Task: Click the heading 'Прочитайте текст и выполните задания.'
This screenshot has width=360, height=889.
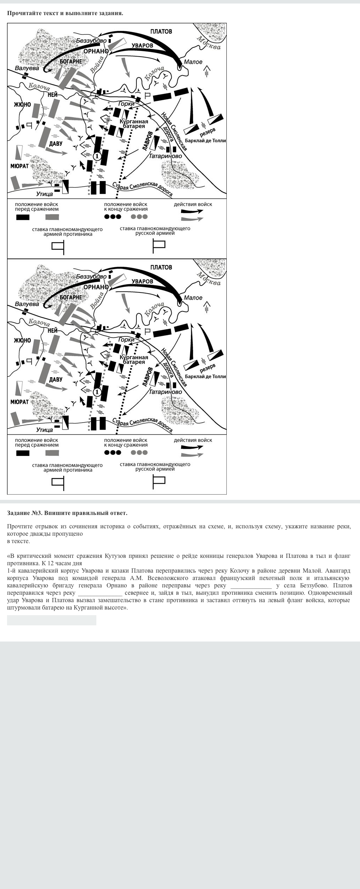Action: (65, 13)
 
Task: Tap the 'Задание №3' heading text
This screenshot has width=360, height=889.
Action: (67, 513)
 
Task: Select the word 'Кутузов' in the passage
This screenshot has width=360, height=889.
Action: (117, 556)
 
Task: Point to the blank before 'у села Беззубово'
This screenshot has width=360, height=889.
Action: (251, 585)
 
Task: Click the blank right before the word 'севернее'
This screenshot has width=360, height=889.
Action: (100, 593)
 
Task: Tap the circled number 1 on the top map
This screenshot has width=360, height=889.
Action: (97, 156)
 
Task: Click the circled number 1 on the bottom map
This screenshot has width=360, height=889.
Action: (97, 392)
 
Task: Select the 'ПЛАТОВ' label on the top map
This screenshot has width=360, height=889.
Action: (161, 32)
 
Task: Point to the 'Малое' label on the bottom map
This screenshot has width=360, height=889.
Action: (193, 298)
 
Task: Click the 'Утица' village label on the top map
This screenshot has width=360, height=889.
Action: (45, 194)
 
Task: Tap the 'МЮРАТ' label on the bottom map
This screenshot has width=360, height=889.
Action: (19, 401)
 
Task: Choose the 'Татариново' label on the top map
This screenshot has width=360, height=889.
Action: (165, 156)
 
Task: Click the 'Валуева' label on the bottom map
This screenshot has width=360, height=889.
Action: (27, 304)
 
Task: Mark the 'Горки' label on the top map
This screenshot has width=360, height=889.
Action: (126, 104)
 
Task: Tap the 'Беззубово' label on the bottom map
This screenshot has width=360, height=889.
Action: (91, 277)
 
